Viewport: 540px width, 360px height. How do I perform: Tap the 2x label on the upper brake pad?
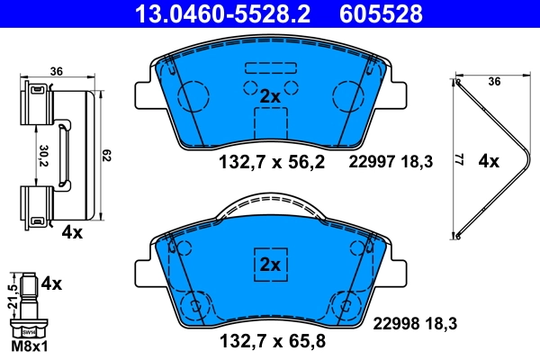[271, 95]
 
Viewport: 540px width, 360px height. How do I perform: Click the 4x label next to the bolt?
[53, 283]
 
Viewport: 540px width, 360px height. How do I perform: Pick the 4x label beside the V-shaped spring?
[489, 162]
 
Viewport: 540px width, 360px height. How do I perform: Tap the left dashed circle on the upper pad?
[193, 96]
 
